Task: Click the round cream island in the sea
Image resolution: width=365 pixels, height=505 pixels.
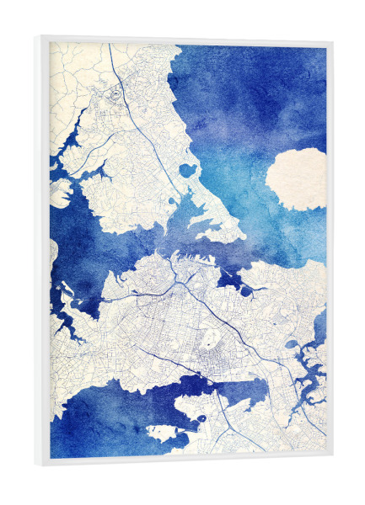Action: point(296,178)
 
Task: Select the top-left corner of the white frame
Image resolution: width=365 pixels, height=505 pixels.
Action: point(38,37)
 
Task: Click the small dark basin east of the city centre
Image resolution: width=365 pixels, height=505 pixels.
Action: point(245,290)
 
